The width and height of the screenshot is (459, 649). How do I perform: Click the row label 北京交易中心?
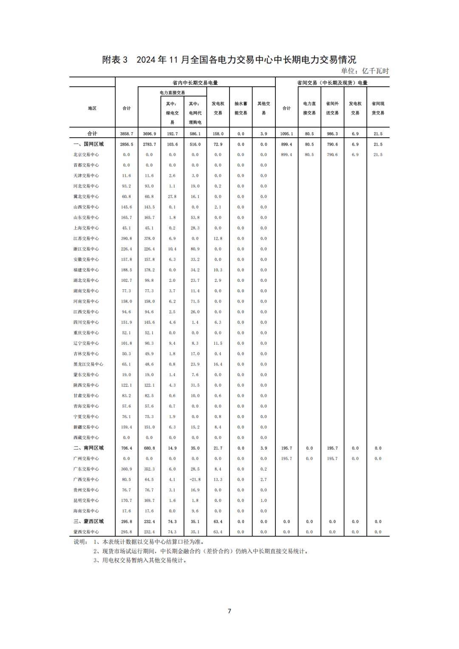pyautogui.click(x=86, y=155)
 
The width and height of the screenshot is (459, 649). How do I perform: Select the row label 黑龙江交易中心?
pyautogui.click(x=88, y=364)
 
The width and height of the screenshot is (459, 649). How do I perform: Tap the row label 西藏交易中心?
pyautogui.click(x=86, y=437)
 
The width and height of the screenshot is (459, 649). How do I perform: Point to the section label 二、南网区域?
pyautogui.click(x=88, y=448)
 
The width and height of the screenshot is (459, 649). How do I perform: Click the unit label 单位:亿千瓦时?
pyautogui.click(x=365, y=71)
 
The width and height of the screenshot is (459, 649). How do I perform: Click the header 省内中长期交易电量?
pyautogui.click(x=195, y=83)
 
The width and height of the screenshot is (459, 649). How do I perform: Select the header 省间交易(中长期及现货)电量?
pyautogui.click(x=332, y=83)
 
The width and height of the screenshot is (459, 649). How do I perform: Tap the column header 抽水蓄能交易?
pyautogui.click(x=241, y=108)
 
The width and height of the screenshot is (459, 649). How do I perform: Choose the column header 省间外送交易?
pyautogui.click(x=332, y=108)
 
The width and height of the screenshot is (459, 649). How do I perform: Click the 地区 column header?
pyautogui.click(x=92, y=108)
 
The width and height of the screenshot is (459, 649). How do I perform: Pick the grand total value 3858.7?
pyautogui.click(x=126, y=134)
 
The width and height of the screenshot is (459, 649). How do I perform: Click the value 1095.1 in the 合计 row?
pyautogui.click(x=286, y=134)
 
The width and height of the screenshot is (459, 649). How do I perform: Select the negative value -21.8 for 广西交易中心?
pyautogui.click(x=195, y=479)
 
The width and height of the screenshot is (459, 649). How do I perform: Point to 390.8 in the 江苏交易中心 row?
pyautogui.click(x=126, y=238)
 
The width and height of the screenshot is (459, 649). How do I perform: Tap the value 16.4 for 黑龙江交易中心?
pyautogui.click(x=218, y=364)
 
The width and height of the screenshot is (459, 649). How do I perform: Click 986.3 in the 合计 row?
pyautogui.click(x=332, y=134)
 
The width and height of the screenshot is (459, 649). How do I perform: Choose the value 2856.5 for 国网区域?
pyautogui.click(x=126, y=145)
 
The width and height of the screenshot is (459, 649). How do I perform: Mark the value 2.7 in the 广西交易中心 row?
pyautogui.click(x=263, y=479)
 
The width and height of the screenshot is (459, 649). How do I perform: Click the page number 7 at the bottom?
pyautogui.click(x=229, y=611)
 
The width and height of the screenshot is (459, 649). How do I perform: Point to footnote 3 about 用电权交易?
pyautogui.click(x=140, y=560)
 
